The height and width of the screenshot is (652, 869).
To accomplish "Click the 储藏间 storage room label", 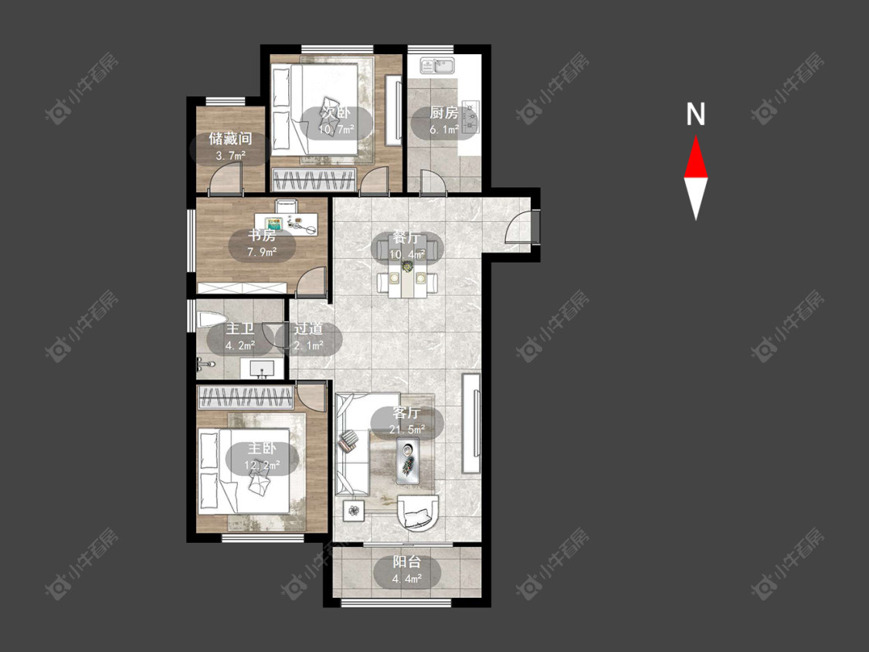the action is tap(230, 138).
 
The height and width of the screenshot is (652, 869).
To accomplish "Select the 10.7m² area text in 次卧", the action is tap(337, 131).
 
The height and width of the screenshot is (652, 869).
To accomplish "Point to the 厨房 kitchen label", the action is tap(444, 113).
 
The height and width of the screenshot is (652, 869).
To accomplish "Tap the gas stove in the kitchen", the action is tap(471, 117).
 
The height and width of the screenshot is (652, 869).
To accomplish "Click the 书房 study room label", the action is tap(262, 236).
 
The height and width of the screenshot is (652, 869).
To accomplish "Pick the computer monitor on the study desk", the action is tap(274, 224).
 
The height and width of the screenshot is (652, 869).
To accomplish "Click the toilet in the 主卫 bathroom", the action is tap(211, 320).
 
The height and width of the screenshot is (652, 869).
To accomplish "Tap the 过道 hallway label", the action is tap(308, 329).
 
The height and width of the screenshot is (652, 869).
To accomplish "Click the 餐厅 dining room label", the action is tap(407, 239).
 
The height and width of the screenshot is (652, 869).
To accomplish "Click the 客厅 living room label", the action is tap(407, 413).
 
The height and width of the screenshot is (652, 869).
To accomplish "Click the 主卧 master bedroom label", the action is tap(262, 449).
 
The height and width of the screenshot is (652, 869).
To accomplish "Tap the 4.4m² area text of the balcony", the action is tap(407, 579).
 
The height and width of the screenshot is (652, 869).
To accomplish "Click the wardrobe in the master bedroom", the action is tap(245, 398).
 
